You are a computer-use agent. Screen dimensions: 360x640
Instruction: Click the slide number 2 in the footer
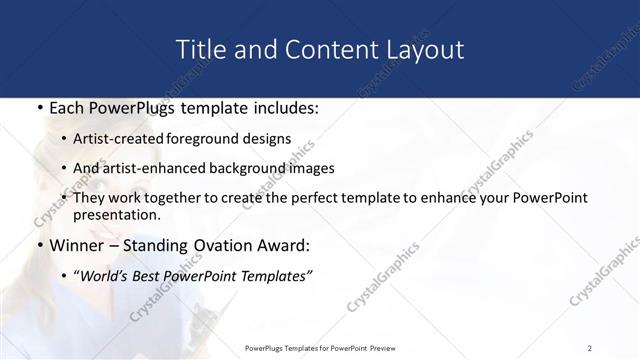[590, 347]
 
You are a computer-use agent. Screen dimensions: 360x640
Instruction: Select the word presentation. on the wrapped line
[124, 214]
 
